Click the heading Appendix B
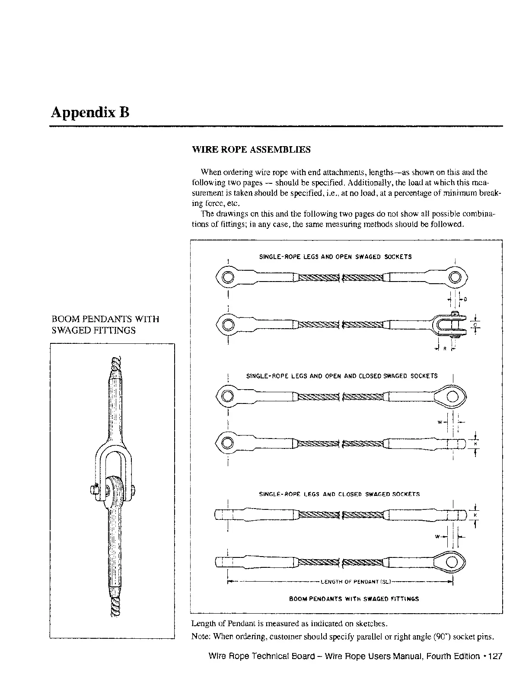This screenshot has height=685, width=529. tap(90, 112)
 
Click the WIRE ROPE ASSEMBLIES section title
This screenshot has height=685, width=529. tap(251, 150)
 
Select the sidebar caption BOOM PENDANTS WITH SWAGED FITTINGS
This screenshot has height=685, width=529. tap(105, 325)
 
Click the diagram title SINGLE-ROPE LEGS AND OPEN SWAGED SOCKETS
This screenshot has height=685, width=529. tap(335, 256)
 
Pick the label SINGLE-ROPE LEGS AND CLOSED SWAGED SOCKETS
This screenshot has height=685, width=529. tap(339, 494)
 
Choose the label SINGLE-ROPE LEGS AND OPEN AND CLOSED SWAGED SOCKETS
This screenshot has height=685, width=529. tap(341, 376)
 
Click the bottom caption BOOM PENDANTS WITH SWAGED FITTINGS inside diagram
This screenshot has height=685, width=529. tap(354, 599)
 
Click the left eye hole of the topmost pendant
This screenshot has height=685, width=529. tap(228, 277)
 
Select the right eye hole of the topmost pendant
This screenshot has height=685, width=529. tap(456, 277)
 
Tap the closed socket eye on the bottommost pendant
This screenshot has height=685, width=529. tap(452, 562)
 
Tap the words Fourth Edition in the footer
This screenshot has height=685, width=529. tap(453, 656)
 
